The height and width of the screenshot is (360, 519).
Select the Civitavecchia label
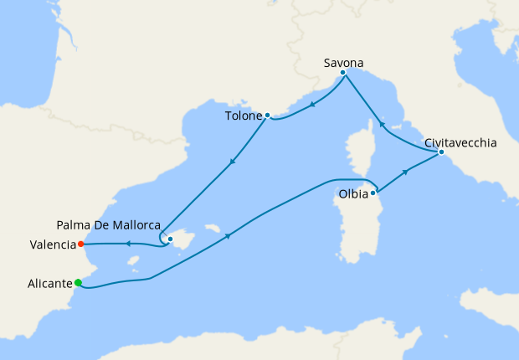point(460,143)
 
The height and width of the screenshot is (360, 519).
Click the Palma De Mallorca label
point(109,224)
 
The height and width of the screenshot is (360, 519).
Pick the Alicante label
point(47,283)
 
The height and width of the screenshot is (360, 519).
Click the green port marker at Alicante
point(79,283)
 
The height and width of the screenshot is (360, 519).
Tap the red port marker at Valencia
point(80,244)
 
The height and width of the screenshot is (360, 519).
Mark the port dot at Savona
point(343,73)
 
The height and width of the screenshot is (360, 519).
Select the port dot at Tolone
point(267,115)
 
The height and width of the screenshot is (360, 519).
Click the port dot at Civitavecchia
point(441,152)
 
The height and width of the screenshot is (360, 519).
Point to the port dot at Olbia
point(373,193)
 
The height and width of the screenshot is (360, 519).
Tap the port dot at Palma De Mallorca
point(170,239)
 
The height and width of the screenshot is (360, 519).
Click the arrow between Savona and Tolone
point(311,105)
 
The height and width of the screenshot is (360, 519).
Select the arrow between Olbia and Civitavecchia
point(407,171)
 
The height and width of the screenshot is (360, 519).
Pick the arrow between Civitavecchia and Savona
point(382,125)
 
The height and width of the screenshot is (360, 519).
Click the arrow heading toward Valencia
point(127,244)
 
